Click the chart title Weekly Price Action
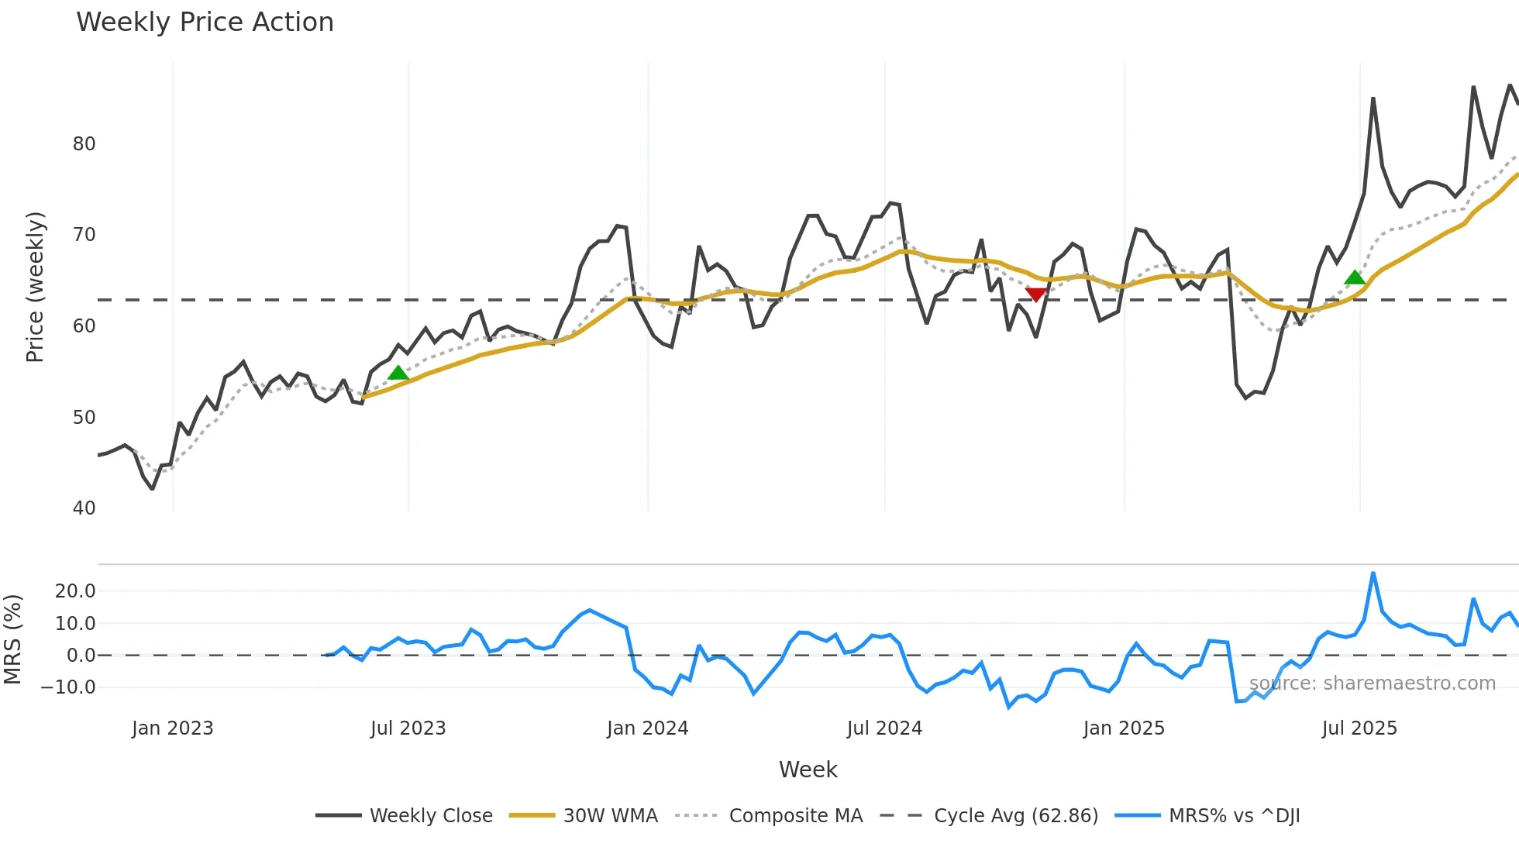(x=205, y=22)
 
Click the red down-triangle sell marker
(x=1036, y=294)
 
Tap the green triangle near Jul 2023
(x=398, y=373)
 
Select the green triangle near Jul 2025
(x=1355, y=277)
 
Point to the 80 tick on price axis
(x=84, y=144)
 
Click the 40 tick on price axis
(x=84, y=508)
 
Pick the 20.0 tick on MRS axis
(x=75, y=591)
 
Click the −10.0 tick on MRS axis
(x=68, y=687)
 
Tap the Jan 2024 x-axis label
(x=647, y=728)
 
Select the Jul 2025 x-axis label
(x=1359, y=728)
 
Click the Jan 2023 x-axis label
(x=172, y=728)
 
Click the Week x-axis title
(x=808, y=770)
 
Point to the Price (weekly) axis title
(x=35, y=287)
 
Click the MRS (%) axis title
(x=12, y=639)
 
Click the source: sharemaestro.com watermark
(x=1372, y=684)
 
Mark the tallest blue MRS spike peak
(x=1373, y=573)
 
